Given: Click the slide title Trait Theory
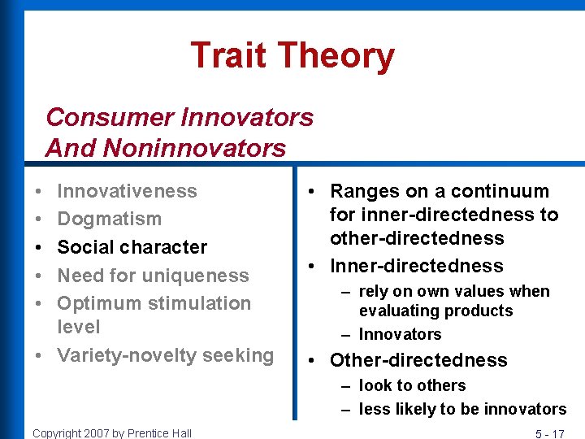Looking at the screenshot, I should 292,56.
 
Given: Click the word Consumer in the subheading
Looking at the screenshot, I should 110,117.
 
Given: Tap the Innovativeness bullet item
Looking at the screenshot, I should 127,191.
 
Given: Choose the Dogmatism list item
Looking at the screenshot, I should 109,219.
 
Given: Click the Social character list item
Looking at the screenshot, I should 132,247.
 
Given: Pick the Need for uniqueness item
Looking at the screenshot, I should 153,276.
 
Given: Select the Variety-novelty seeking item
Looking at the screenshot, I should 165,355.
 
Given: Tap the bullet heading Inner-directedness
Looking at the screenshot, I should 416,266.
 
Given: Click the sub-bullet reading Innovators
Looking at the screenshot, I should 400,334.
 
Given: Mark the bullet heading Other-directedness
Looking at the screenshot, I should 418,360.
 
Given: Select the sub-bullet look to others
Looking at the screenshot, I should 412,385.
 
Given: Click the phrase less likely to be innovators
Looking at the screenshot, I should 462,409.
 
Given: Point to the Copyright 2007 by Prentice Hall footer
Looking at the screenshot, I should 112,432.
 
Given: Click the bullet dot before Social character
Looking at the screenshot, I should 40,247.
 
